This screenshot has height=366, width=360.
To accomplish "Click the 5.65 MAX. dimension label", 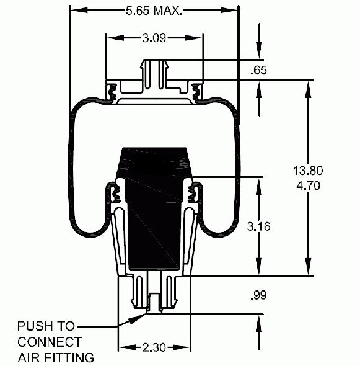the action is pos(154,11).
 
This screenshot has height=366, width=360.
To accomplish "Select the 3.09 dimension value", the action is pos(154,38).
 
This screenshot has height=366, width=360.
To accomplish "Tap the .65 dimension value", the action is pos(258,70).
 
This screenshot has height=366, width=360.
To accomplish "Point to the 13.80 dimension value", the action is pos(308,171).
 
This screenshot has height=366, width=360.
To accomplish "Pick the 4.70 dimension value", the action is pos(308,185).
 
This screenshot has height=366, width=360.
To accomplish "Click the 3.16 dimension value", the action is pos(258,226).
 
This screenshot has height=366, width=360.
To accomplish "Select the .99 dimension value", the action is pos(258,295).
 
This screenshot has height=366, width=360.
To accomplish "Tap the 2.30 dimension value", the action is pos(154,347).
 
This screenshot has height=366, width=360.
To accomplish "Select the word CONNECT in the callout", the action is pos(50,342).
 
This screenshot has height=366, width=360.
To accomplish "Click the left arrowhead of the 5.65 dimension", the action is pos(79,11).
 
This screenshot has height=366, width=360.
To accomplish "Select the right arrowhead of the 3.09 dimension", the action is pos(194,38).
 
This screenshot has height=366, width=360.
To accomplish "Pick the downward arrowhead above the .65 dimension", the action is pos(259,50).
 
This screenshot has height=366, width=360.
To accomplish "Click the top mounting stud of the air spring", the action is pos(154,74).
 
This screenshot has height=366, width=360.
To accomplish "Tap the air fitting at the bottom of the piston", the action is pos(154,303).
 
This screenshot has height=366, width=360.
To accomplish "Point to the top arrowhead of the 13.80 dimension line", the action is pos(308,90).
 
